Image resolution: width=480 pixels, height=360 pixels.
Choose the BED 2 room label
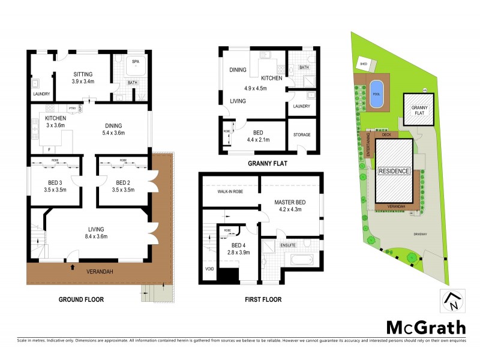click(122, 186)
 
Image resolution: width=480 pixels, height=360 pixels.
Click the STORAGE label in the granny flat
click(302, 135)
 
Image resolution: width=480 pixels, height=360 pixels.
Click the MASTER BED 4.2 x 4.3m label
click(290, 206)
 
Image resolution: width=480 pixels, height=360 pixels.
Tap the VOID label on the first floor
click(209, 268)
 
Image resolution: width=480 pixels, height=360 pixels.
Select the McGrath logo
click(425, 327)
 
